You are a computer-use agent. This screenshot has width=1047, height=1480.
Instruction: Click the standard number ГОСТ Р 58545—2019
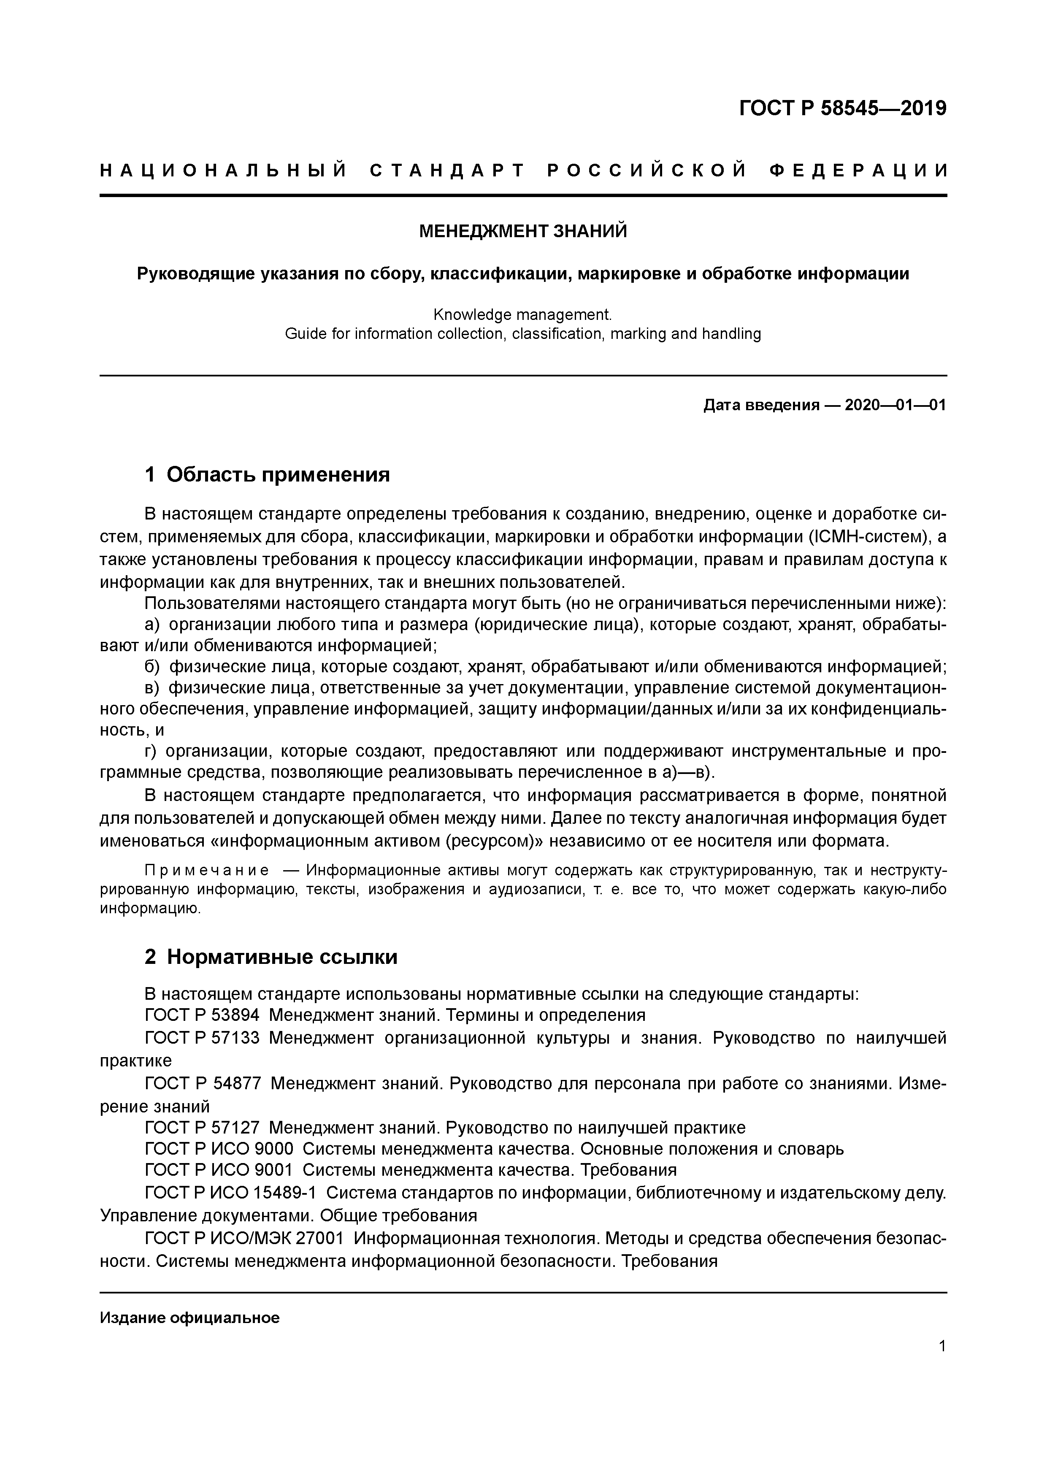(x=842, y=108)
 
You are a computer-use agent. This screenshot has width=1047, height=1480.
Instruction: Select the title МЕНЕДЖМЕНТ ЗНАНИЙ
(x=523, y=231)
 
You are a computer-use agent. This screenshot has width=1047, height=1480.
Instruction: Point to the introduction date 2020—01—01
(x=895, y=406)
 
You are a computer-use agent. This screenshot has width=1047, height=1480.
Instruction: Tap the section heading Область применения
(x=278, y=475)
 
